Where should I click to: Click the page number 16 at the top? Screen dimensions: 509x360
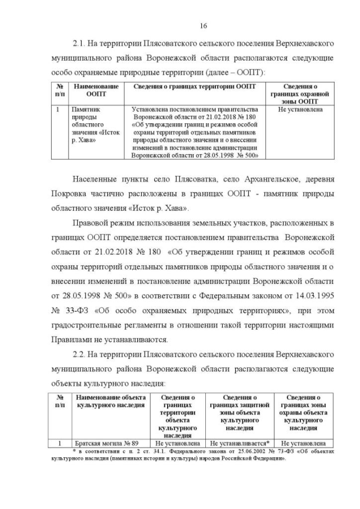[204, 25]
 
